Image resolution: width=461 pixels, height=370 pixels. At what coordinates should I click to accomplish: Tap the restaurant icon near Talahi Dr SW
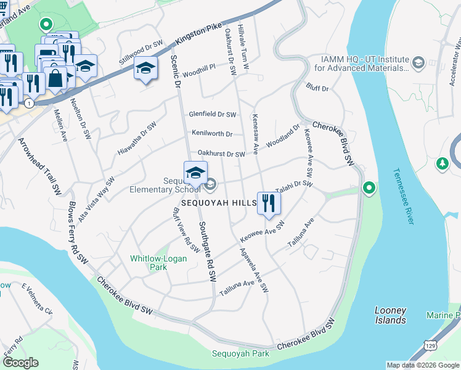click(x=268, y=203)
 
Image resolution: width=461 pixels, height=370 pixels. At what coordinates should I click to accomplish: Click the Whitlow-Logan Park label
click(x=158, y=263)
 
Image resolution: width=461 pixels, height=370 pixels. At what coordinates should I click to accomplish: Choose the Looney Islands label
click(x=390, y=315)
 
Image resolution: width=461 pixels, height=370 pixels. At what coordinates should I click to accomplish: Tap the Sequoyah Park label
click(x=240, y=354)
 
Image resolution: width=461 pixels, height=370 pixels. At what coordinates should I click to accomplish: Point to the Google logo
click(x=20, y=362)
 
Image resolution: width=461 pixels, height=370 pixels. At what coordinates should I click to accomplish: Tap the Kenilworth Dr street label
click(x=211, y=134)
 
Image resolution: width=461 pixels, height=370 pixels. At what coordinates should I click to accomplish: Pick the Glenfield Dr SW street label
click(x=213, y=114)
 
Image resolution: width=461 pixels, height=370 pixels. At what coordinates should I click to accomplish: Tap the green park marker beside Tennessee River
click(x=369, y=187)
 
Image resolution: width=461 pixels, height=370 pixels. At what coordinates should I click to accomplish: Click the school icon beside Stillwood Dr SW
click(x=145, y=70)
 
